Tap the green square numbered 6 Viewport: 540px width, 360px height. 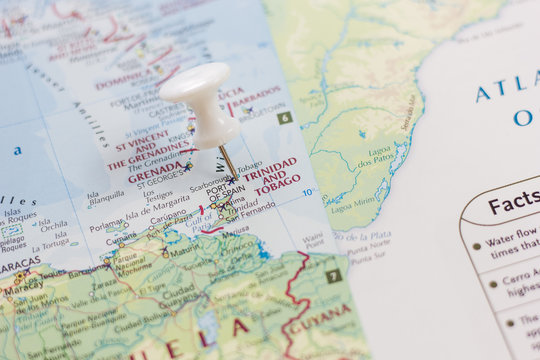pyautogui.click(x=285, y=117)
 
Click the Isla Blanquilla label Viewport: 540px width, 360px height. pyautogui.click(x=106, y=197)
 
